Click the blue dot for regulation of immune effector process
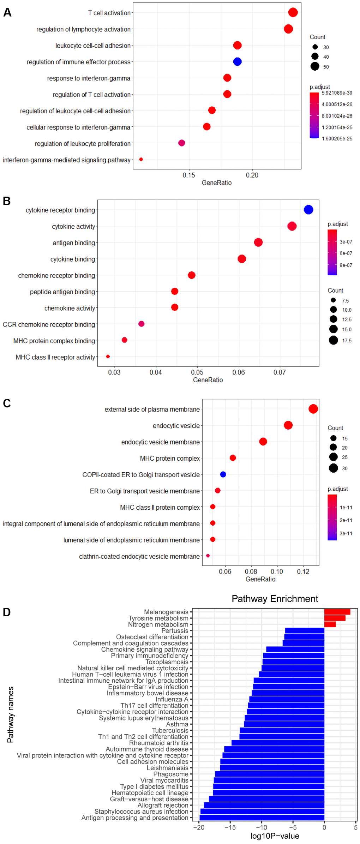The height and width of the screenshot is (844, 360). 237,62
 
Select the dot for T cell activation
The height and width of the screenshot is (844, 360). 293,13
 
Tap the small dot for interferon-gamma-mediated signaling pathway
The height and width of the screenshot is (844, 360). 141,160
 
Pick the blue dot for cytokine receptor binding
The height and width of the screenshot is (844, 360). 308,210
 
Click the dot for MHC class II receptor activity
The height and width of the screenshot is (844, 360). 108,357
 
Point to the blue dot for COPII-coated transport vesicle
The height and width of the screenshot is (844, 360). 223,474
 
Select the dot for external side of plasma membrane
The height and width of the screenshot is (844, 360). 313,409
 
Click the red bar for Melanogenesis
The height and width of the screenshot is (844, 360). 337,612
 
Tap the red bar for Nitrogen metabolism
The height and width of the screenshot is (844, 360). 330,624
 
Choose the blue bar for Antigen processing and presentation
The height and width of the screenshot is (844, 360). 262,818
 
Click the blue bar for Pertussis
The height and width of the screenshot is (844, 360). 304,631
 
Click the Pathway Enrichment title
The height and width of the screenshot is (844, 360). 275,599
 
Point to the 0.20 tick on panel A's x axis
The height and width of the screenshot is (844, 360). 252,175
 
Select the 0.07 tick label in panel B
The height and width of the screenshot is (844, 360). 280,372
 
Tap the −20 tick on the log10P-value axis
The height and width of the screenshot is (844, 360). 199,827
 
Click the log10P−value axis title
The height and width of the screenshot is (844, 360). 275,836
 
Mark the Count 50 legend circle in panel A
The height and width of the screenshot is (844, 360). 315,66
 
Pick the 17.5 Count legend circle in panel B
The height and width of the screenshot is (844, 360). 333,340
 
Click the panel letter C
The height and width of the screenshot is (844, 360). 7,403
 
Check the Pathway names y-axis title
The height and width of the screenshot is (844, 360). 10,714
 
